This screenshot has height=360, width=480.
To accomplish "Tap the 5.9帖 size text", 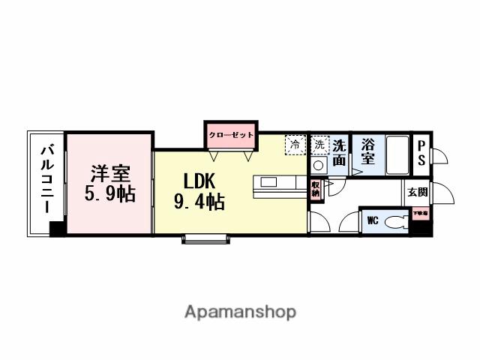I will click(x=110, y=194).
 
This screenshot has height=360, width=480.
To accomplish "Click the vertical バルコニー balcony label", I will click(x=46, y=180).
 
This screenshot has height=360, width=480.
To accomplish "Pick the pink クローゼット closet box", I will click(x=231, y=136).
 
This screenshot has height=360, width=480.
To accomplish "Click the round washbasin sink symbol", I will click(x=319, y=164).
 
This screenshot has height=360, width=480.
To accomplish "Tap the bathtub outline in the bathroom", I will click(x=395, y=154).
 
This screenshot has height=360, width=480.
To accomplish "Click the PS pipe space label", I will click(x=421, y=154).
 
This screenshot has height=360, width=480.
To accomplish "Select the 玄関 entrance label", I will click(x=418, y=192).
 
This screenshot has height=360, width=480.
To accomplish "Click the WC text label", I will click(x=372, y=221).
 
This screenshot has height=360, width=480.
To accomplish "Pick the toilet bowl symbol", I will click(x=396, y=222).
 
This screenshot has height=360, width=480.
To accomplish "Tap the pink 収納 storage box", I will click(x=316, y=188).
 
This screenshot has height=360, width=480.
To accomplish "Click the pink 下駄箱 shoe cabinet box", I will click(x=421, y=214).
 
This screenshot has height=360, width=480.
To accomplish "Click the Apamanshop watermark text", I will click(x=240, y=312).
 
